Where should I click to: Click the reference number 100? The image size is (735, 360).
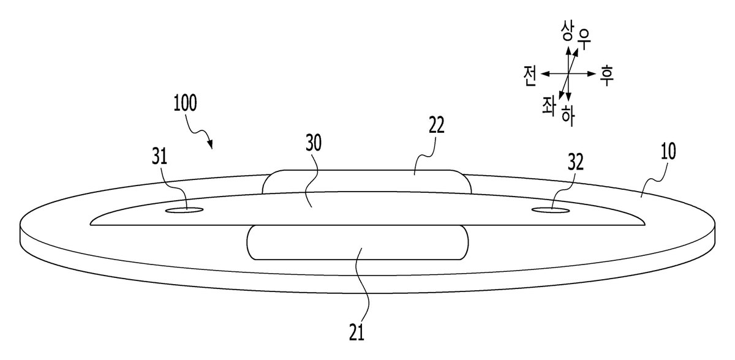(x=185, y=103)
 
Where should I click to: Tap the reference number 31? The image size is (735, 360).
(x=159, y=156)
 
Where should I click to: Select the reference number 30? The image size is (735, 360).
(x=314, y=143)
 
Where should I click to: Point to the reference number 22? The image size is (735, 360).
(x=436, y=125)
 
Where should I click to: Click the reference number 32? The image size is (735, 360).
(x=576, y=162)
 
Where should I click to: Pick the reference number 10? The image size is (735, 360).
(x=668, y=151)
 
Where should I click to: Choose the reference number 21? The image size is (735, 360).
(x=356, y=332)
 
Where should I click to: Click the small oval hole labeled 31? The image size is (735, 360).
(x=184, y=210)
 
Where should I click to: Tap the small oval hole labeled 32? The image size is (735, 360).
(x=550, y=210)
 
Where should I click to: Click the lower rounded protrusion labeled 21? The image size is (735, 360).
(x=358, y=242)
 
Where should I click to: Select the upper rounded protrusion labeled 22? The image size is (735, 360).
(x=367, y=181)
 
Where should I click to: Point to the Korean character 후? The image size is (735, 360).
(x=606, y=76)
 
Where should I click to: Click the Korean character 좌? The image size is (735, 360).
(x=549, y=105)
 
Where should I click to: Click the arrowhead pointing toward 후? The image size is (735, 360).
(x=591, y=73)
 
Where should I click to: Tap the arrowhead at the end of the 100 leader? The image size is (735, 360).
(x=210, y=144)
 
